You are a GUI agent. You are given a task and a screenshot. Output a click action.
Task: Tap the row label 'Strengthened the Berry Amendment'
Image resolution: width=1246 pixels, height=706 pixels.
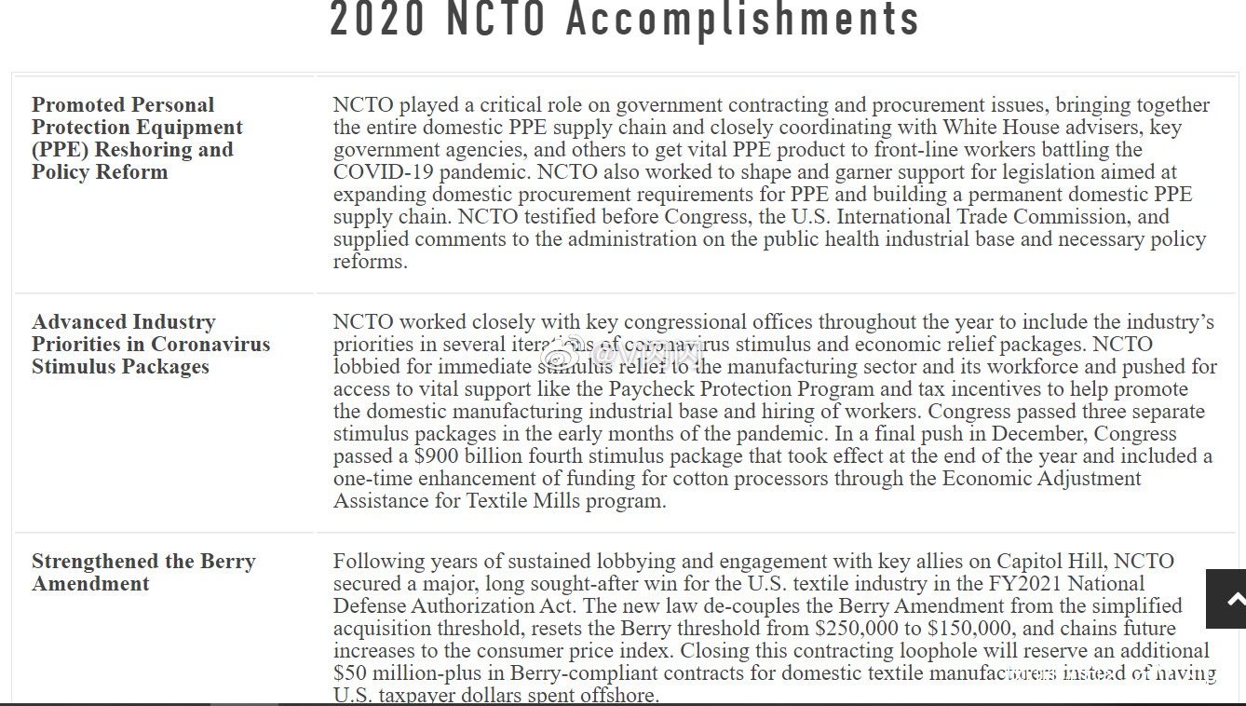tap(142, 572)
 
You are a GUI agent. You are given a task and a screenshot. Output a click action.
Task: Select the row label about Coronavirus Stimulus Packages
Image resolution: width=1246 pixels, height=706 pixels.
tap(150, 344)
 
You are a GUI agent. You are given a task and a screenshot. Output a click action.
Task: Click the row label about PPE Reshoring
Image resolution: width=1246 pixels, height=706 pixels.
tap(137, 138)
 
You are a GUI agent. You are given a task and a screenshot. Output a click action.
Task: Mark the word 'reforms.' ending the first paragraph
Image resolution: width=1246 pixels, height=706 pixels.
tap(371, 262)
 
